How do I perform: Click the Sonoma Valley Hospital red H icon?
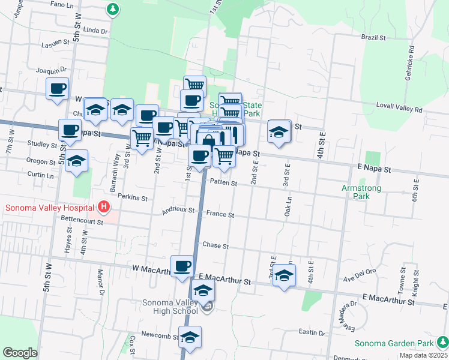coord(104,208)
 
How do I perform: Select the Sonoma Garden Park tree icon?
coord(442,343)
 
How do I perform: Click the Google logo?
coord(20,352)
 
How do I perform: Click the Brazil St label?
coord(373,37)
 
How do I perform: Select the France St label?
coord(220,214)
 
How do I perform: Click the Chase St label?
coord(215,245)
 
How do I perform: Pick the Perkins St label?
coord(132,197)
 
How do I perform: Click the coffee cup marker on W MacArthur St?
coord(182,265)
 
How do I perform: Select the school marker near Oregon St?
coord(76,161)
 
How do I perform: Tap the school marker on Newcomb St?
coord(190,337)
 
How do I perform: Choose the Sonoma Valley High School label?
coord(170,307)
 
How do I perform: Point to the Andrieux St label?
coord(178,211)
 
